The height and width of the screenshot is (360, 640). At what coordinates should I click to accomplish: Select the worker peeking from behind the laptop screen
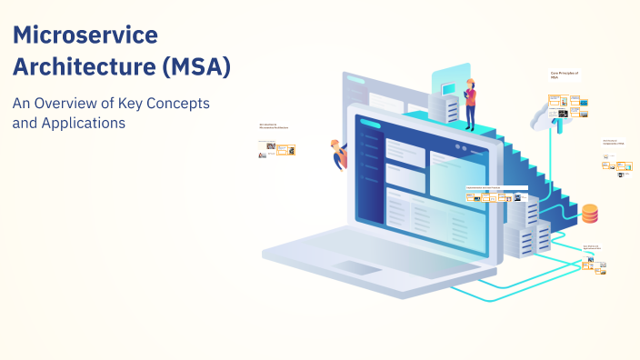click(x=339, y=154)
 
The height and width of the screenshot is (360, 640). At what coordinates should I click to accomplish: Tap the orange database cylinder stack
click(x=590, y=214)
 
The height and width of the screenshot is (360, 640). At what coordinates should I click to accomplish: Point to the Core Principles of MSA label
click(x=565, y=75)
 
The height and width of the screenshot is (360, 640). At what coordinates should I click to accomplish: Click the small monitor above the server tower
click(x=450, y=86)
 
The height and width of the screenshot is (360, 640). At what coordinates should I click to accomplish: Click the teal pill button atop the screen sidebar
click(x=370, y=125)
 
